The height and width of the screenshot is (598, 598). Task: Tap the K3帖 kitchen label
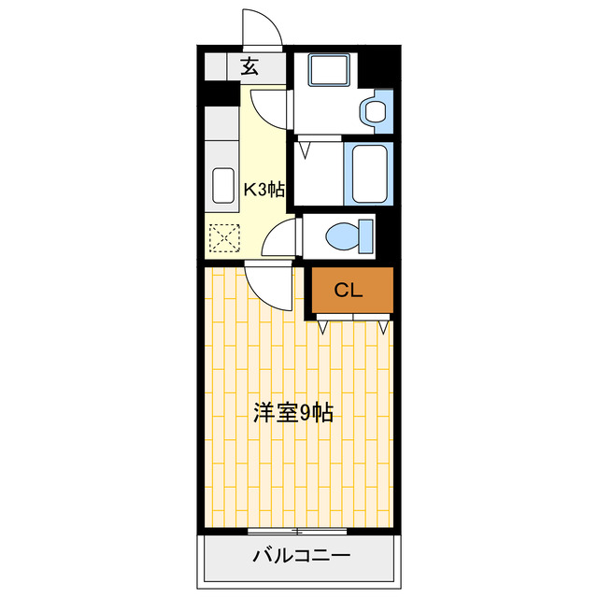(263, 189)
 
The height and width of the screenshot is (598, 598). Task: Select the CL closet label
(349, 291)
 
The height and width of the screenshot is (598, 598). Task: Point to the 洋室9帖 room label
(292, 412)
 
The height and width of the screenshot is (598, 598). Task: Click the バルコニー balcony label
(301, 557)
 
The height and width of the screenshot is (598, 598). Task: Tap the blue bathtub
(367, 172)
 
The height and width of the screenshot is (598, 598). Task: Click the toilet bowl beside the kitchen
(342, 235)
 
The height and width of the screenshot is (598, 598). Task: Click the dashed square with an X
(224, 239)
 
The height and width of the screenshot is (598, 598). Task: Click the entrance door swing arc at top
(263, 28)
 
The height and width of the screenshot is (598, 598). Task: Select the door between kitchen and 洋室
(271, 286)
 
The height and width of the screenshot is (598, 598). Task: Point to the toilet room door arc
(280, 240)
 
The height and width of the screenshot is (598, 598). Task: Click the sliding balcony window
(297, 531)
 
